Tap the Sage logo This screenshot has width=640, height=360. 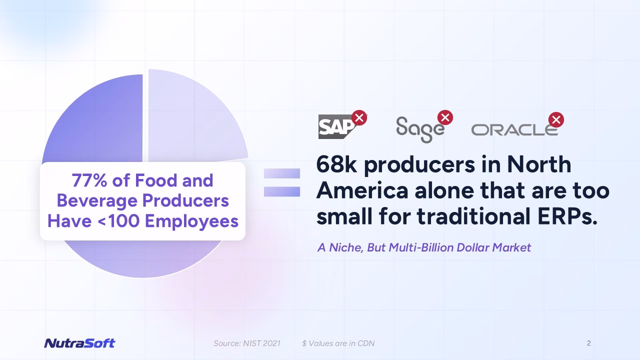click(x=420, y=129)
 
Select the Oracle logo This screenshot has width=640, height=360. click(x=514, y=130)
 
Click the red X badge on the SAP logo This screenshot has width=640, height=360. click(x=359, y=117)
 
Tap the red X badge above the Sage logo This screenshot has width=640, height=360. click(x=445, y=117)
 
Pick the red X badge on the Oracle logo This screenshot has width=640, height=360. click(x=556, y=119)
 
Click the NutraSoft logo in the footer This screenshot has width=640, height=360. click(x=79, y=343)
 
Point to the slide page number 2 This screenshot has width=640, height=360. click(x=589, y=343)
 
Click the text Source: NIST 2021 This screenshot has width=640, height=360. click(x=247, y=343)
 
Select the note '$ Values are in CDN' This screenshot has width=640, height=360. click(x=338, y=343)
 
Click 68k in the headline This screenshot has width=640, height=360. click(x=336, y=164)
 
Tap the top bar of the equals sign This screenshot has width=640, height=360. click(x=282, y=173)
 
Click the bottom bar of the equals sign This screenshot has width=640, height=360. click(x=282, y=191)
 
